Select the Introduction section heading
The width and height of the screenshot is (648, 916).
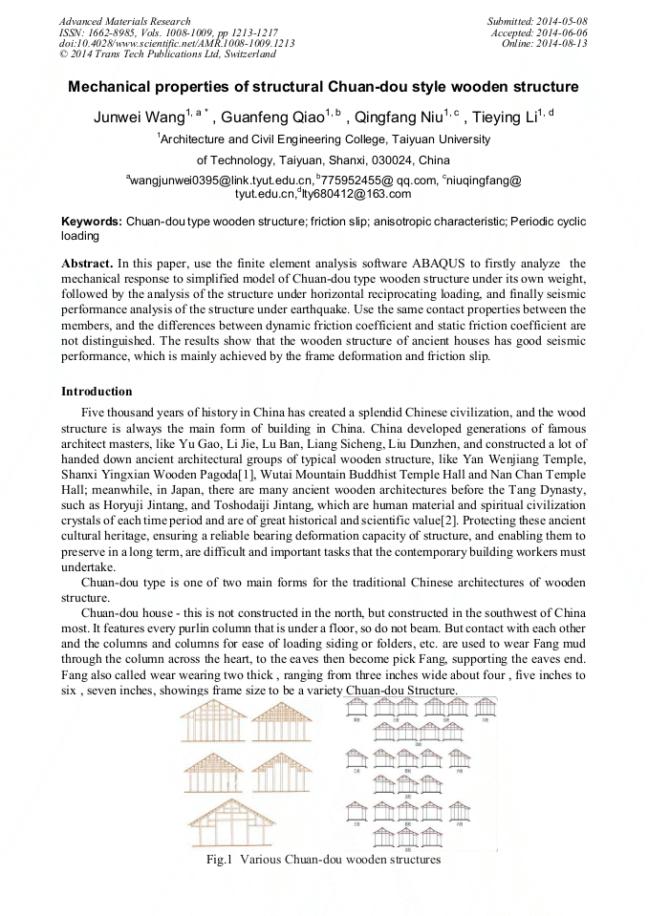pos(97,392)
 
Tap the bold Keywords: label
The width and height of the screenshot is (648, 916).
pos(92,221)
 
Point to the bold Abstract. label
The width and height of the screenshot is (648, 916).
pos(87,263)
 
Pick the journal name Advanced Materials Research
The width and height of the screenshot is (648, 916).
pos(124,21)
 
